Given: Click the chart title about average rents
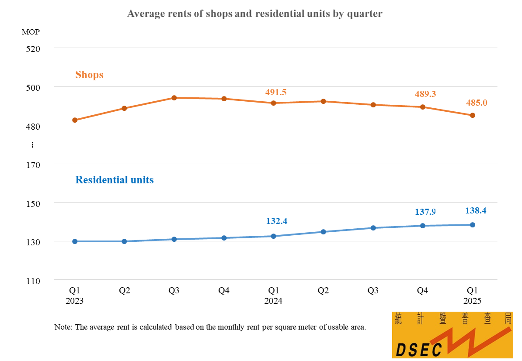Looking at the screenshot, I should coord(254,14).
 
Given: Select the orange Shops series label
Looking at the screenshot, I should coord(89,75).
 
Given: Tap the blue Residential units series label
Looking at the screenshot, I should coord(115,180).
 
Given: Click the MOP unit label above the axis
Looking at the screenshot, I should coord(31,32).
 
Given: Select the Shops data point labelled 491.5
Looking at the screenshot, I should coord(274,103).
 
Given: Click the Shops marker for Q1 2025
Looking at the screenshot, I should coord(473,115).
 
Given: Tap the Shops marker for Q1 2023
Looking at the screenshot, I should coord(75,120).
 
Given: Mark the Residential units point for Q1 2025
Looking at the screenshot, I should coord(473,225).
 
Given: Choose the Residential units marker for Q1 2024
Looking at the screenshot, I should coord(274,236).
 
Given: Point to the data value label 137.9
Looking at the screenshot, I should coord(425,212).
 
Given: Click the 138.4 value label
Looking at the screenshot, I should coord(476,210).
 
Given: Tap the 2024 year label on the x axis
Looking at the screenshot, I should coord(273,301).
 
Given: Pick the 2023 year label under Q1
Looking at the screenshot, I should coord(75,301).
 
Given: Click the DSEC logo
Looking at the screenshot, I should coord(452,335).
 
